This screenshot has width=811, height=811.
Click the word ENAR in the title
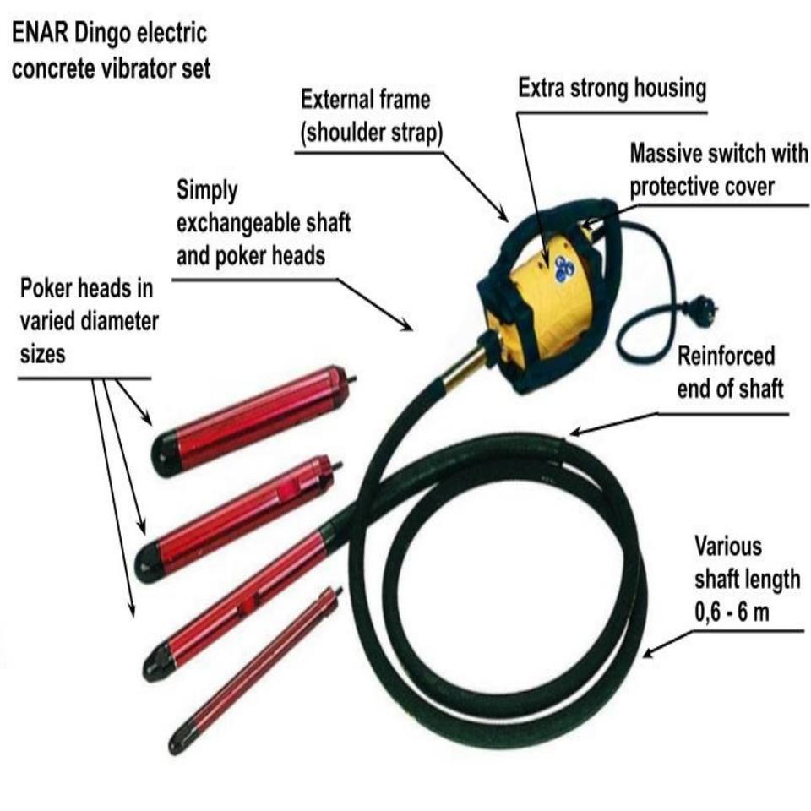[40, 33]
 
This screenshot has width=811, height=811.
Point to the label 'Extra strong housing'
[612, 89]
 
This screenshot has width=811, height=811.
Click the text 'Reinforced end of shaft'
[730, 373]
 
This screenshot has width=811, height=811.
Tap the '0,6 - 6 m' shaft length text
[732, 612]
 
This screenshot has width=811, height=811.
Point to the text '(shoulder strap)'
[372, 133]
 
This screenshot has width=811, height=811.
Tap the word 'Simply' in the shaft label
[207, 191]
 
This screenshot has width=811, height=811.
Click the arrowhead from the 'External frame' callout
[502, 215]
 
